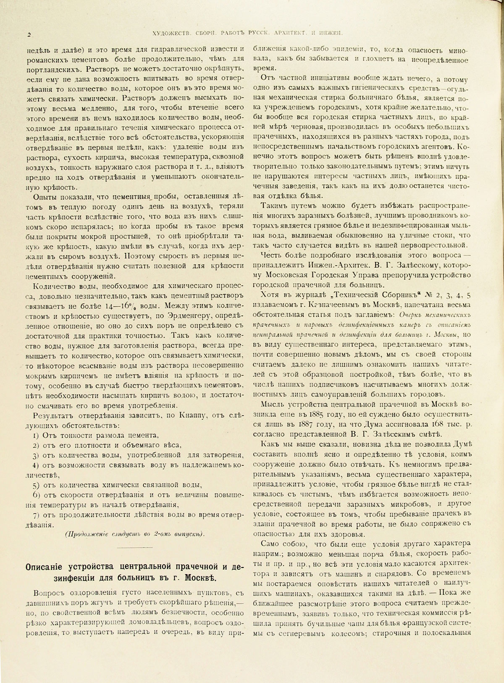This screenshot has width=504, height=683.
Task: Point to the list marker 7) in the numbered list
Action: (37, 515)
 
